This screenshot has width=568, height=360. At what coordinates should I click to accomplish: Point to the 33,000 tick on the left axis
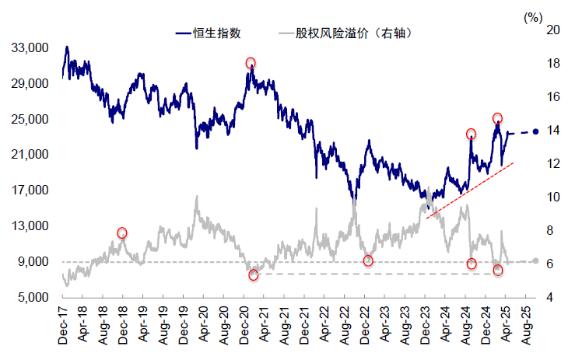pyautogui.click(x=32, y=48)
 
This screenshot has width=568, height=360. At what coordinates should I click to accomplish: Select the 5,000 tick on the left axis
pyautogui.click(x=35, y=298)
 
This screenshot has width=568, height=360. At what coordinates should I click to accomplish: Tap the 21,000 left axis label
pyautogui.click(x=32, y=155)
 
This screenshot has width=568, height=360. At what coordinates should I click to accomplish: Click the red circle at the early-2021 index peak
pyautogui.click(x=251, y=63)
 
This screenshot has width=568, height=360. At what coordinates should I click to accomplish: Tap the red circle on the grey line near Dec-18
pyautogui.click(x=122, y=233)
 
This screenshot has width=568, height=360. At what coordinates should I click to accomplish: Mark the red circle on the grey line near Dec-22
pyautogui.click(x=368, y=260)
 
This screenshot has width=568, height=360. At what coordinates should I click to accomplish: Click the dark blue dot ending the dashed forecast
pyautogui.click(x=536, y=131)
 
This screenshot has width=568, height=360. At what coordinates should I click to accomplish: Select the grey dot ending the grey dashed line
pyautogui.click(x=535, y=261)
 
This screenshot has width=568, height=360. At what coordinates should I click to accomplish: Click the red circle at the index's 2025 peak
pyautogui.click(x=497, y=119)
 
